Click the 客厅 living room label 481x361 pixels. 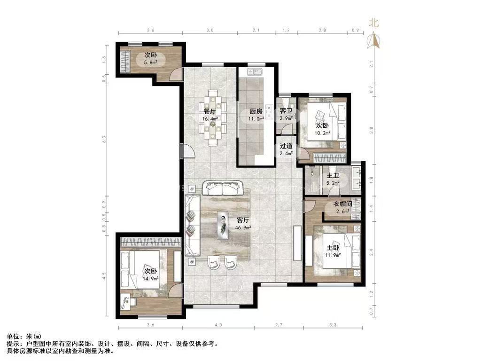[x=243, y=220]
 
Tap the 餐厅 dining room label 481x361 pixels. [x=209, y=111]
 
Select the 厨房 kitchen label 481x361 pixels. [x=256, y=111]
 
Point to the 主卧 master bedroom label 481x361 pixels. [x=333, y=248]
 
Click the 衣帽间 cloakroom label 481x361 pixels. [x=342, y=204]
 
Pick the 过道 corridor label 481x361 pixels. [x=286, y=146]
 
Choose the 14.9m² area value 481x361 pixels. [x=151, y=279]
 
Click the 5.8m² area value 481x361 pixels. [x=151, y=63]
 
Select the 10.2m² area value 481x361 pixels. [x=322, y=133]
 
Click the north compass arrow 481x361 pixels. [x=374, y=41]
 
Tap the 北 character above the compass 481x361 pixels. [x=373, y=23]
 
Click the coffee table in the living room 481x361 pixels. [x=223, y=225]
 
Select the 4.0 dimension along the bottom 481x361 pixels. [x=218, y=324]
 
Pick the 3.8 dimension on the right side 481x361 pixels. [x=372, y=131]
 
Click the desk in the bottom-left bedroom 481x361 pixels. [x=128, y=302]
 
